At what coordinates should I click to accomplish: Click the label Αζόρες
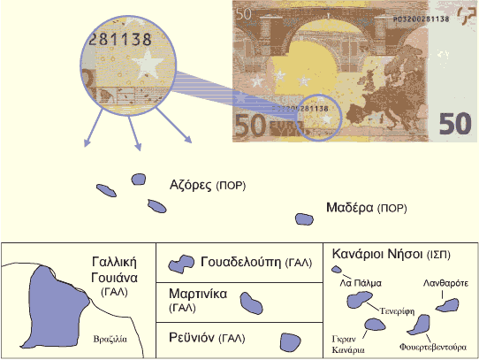[190, 185]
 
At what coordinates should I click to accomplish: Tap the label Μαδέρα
[350, 208]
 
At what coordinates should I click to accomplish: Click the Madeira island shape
[304, 219]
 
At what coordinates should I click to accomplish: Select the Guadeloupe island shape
[181, 264]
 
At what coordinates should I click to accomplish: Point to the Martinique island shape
[251, 303]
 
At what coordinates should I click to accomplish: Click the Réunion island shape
[290, 342]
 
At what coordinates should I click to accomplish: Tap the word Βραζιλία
[110, 339]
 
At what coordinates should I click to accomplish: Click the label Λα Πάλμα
[361, 283]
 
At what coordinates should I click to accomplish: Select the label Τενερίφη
[397, 311]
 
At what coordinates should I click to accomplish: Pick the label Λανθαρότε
[445, 283]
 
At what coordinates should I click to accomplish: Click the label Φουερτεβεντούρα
[433, 347]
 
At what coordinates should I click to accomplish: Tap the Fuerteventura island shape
[421, 325]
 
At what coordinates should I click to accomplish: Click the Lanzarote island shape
[447, 305]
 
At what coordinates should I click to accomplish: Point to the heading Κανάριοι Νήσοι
[377, 254]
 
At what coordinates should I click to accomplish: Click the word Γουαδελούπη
[240, 262]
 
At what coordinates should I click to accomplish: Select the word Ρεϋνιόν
[192, 337]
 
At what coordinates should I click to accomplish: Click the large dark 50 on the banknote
[455, 124]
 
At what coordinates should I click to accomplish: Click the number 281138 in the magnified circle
[120, 39]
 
